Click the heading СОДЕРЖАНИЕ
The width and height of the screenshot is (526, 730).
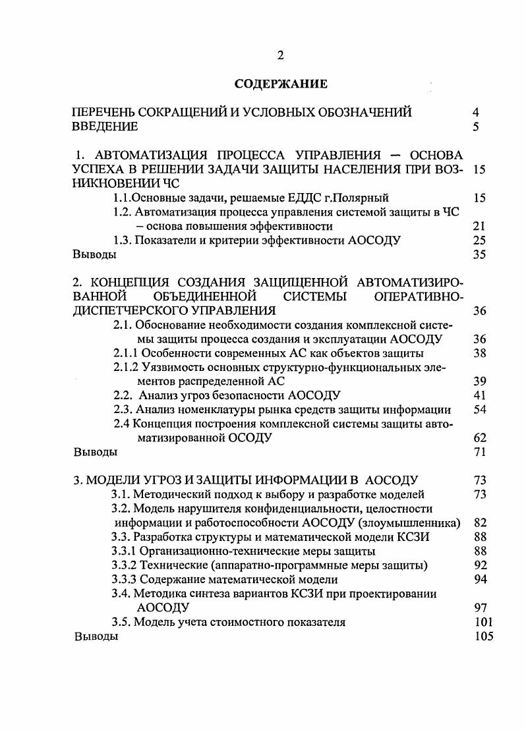click(281, 84)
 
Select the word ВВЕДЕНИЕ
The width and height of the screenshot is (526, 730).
click(105, 126)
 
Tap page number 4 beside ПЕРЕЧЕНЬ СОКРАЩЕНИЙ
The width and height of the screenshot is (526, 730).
click(475, 113)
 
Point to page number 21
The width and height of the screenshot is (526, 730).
click(479, 226)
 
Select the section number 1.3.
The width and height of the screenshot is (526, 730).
click(123, 240)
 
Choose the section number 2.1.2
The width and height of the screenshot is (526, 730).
click(127, 368)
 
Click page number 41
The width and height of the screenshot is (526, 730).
click(479, 395)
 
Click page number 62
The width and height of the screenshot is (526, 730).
click(479, 437)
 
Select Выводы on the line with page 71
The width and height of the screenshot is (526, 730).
click(94, 452)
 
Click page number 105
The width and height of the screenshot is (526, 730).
click(483, 636)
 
